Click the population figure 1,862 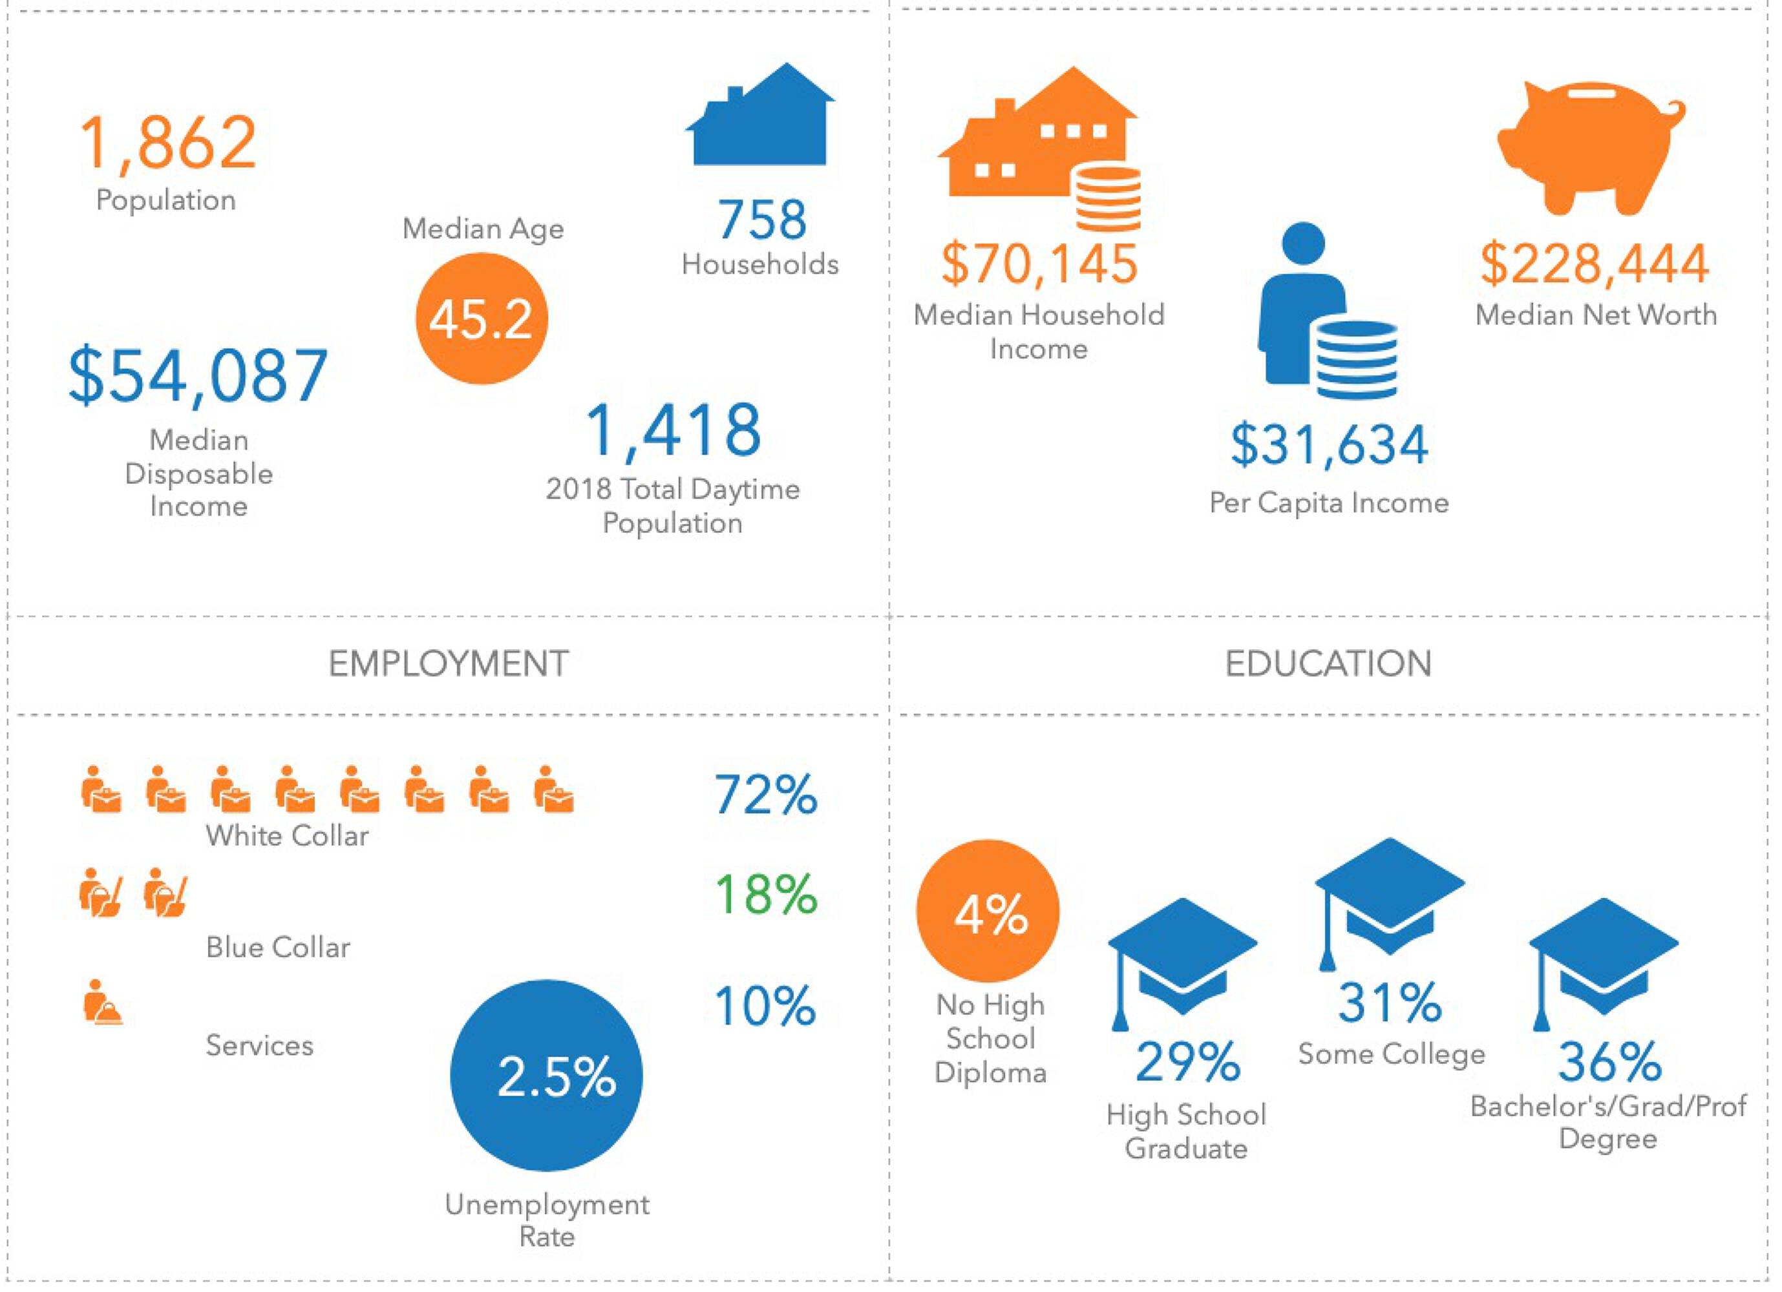tap(168, 143)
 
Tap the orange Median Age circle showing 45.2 tap(481, 319)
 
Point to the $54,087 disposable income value tap(198, 375)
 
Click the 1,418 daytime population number tap(674, 430)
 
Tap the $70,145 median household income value tap(1039, 264)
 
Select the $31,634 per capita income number tap(1329, 444)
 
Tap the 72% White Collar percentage tap(765, 795)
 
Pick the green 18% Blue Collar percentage tap(765, 895)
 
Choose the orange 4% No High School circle tap(988, 911)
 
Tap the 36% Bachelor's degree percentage tap(1610, 1062)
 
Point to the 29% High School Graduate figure tap(1187, 1062)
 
